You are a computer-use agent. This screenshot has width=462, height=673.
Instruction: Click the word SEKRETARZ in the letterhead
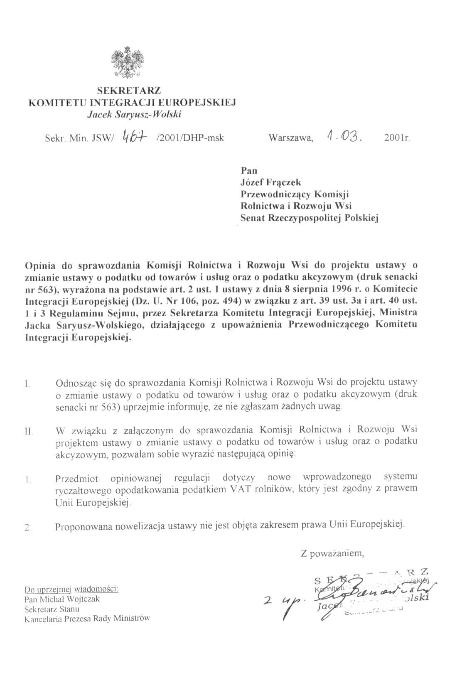tap(129, 90)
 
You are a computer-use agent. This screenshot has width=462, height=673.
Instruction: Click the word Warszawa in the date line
tap(290, 138)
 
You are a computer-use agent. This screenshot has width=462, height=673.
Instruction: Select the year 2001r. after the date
tap(397, 138)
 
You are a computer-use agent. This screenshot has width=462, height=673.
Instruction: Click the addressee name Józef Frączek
tap(271, 182)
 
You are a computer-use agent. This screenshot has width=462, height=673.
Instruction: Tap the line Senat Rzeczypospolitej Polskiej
tap(310, 218)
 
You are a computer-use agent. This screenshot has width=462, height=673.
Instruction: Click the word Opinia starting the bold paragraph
tap(41, 265)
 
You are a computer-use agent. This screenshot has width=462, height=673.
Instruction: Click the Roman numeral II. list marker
tap(28, 432)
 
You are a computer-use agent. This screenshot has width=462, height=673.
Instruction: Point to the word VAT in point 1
tap(239, 490)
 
